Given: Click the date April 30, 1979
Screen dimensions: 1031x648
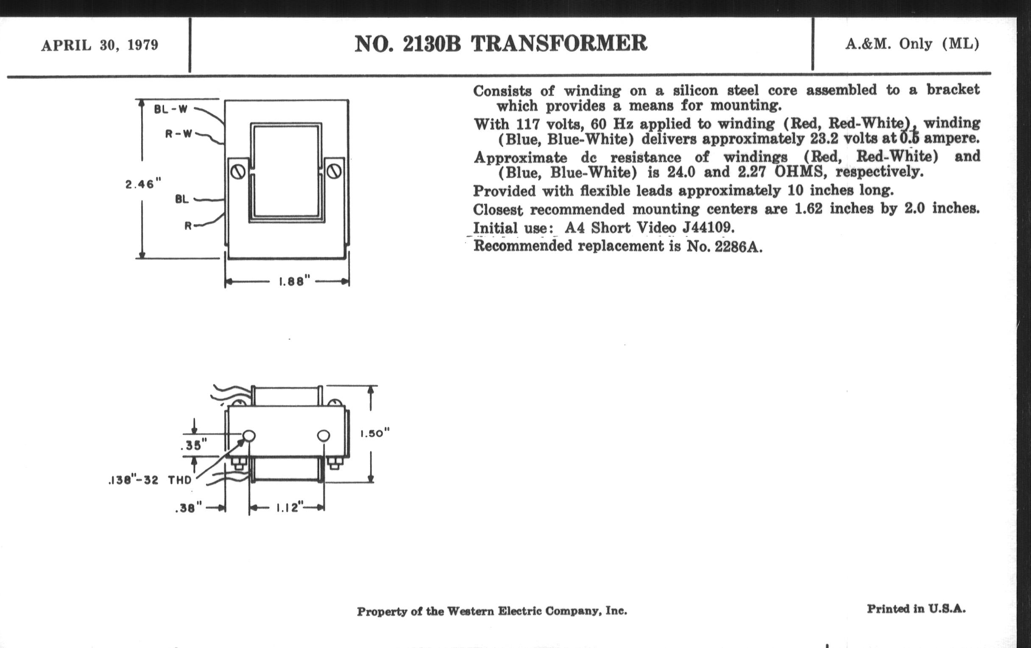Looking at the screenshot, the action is tap(100, 45).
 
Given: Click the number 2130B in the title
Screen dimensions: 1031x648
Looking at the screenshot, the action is tap(432, 44).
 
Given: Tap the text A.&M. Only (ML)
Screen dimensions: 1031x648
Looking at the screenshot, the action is tap(912, 44).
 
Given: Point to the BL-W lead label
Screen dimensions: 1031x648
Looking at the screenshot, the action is tap(171, 109).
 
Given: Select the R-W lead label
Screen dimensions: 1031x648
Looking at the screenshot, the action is tap(179, 134).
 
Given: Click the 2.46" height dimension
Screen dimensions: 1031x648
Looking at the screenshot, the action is tap(143, 184).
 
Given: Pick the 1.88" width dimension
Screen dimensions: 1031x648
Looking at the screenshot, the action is tap(294, 282).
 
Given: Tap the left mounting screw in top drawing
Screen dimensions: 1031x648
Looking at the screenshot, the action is tap(239, 172).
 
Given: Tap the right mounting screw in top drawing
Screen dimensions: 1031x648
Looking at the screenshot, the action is tap(334, 172).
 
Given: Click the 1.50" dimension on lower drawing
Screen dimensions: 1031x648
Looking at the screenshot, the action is tap(375, 434).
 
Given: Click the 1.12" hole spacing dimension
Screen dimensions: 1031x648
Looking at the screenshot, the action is tap(290, 508).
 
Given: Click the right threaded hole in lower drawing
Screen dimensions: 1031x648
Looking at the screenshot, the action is tap(324, 436).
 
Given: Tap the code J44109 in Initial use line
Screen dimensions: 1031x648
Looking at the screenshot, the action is tap(708, 227).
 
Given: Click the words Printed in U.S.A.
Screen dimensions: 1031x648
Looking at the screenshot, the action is tap(916, 609).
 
